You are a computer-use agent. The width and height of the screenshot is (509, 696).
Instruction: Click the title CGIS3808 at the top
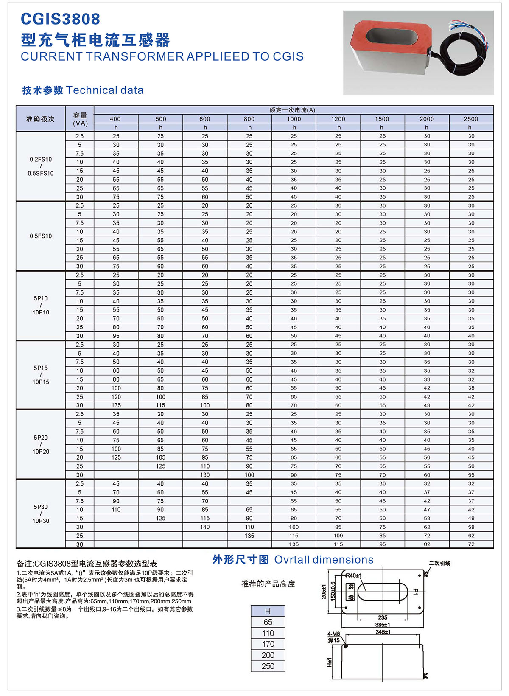point(61,19)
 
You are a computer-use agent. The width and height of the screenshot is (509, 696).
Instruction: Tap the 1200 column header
point(338,119)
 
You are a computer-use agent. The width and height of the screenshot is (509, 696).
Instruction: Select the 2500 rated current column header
point(471,119)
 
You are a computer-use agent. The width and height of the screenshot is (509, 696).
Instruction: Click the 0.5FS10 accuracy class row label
point(41,236)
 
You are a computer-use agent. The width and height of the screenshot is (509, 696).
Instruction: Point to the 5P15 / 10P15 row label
point(41,375)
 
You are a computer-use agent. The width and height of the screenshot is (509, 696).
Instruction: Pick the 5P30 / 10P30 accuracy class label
point(41,514)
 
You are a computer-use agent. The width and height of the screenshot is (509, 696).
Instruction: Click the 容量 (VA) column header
point(80,119)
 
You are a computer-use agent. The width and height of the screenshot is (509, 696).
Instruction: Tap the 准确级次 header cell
point(41,119)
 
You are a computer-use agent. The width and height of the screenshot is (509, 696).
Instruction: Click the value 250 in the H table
point(268,666)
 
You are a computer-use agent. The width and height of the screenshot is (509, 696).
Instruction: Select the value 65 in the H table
point(268,622)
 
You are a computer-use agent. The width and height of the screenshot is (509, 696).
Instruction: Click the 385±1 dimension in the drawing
point(383,625)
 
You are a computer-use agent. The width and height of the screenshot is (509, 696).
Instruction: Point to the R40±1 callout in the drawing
point(353,576)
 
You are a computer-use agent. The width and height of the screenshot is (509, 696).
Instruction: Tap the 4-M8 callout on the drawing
point(334,634)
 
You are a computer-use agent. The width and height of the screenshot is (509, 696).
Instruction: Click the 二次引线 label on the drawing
point(439,564)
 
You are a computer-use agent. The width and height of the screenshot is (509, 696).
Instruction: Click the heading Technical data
point(105,90)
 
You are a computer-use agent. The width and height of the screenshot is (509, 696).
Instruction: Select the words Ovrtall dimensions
point(324,560)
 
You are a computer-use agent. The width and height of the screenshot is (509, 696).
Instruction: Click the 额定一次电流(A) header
point(293,110)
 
